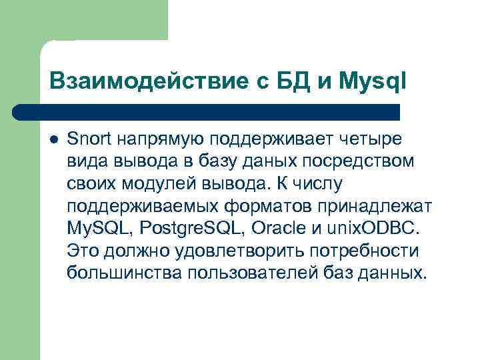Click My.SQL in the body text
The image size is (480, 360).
coord(101,229)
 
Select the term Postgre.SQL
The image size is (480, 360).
coord(197,229)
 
